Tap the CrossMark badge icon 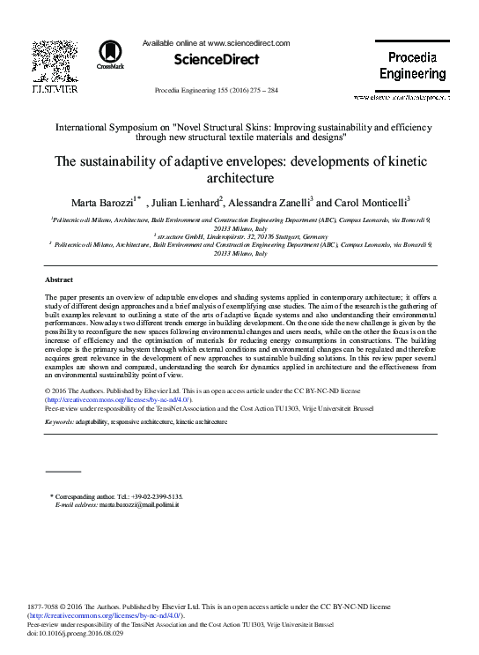tap(111, 54)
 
